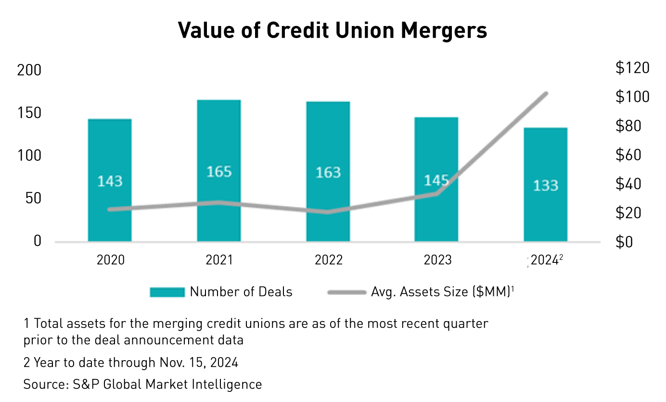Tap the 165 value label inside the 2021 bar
[219, 171]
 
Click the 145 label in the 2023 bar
[436, 181]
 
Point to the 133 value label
[545, 185]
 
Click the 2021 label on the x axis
[219, 260]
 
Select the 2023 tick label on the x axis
[437, 260]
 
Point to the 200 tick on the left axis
[29, 71]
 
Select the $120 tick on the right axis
[632, 68]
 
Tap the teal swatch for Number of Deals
[167, 292]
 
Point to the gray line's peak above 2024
[546, 93]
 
